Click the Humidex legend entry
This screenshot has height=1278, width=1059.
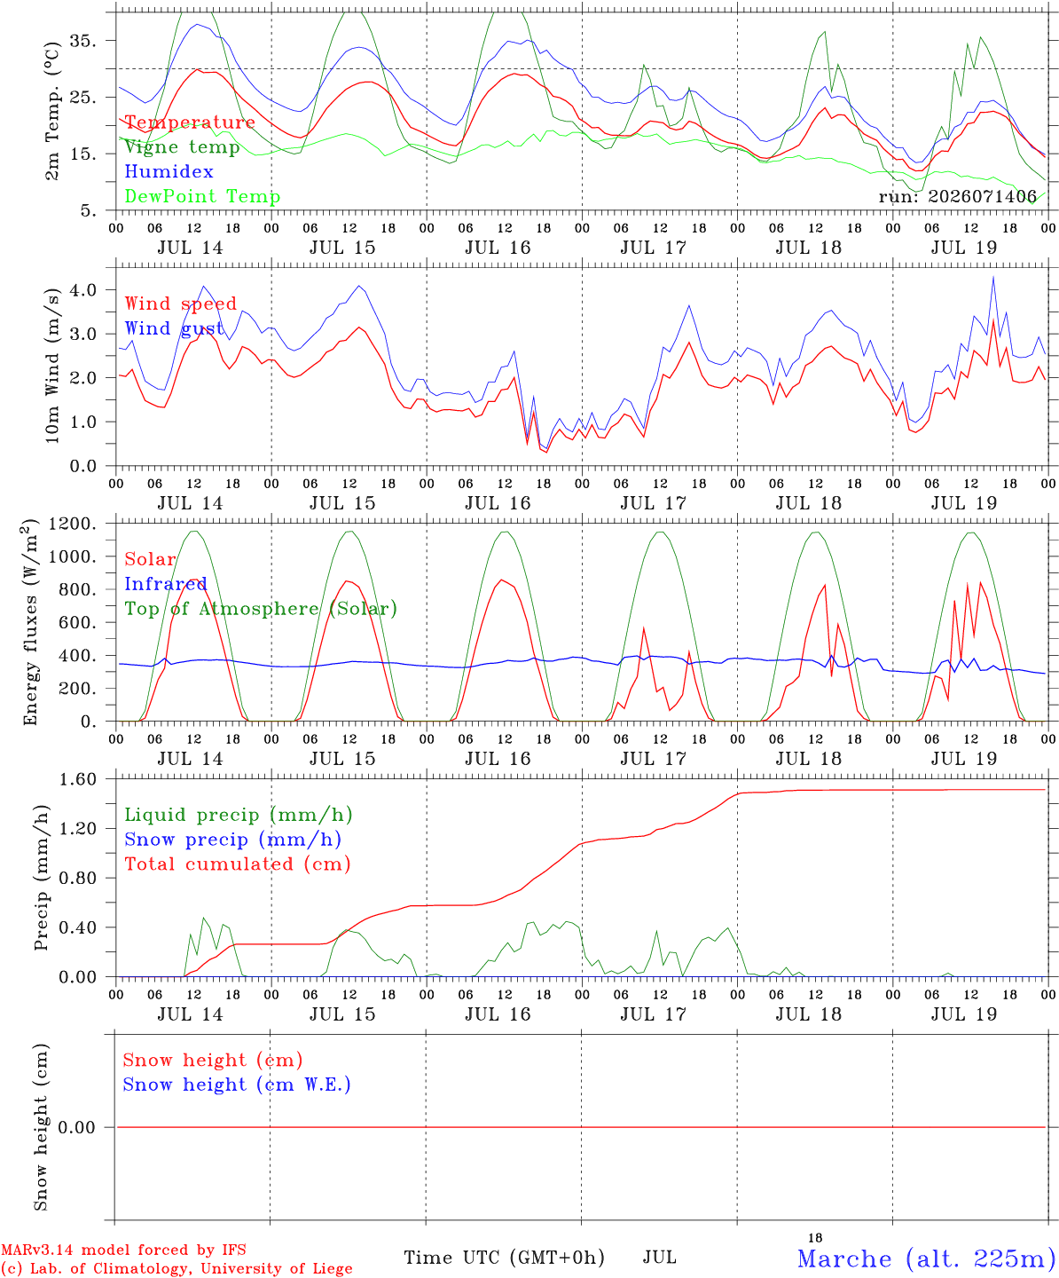tap(169, 171)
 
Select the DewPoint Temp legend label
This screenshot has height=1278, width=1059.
tap(202, 196)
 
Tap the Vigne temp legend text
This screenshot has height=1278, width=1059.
tap(182, 147)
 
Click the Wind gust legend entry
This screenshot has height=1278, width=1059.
tap(174, 328)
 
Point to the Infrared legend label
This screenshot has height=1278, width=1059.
tap(166, 583)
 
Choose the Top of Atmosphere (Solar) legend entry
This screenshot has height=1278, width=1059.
tap(262, 609)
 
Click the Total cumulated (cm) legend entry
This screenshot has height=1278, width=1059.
tap(238, 864)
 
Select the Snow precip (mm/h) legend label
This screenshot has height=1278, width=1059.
tap(232, 840)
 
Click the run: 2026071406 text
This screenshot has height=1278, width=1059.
tap(957, 196)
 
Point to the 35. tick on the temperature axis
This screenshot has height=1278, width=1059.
tap(83, 41)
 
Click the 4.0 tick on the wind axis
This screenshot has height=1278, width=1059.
tap(83, 289)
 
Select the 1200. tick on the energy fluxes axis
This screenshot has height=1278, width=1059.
tap(73, 524)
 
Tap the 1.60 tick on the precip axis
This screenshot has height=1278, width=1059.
tap(78, 779)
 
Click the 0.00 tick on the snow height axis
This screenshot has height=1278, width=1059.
tap(76, 1127)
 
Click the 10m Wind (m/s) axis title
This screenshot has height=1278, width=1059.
tap(52, 366)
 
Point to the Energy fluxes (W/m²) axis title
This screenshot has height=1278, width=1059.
tap(30, 622)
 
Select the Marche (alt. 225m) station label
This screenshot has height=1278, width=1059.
tap(922, 1258)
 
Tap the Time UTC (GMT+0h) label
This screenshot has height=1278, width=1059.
tap(505, 1258)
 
